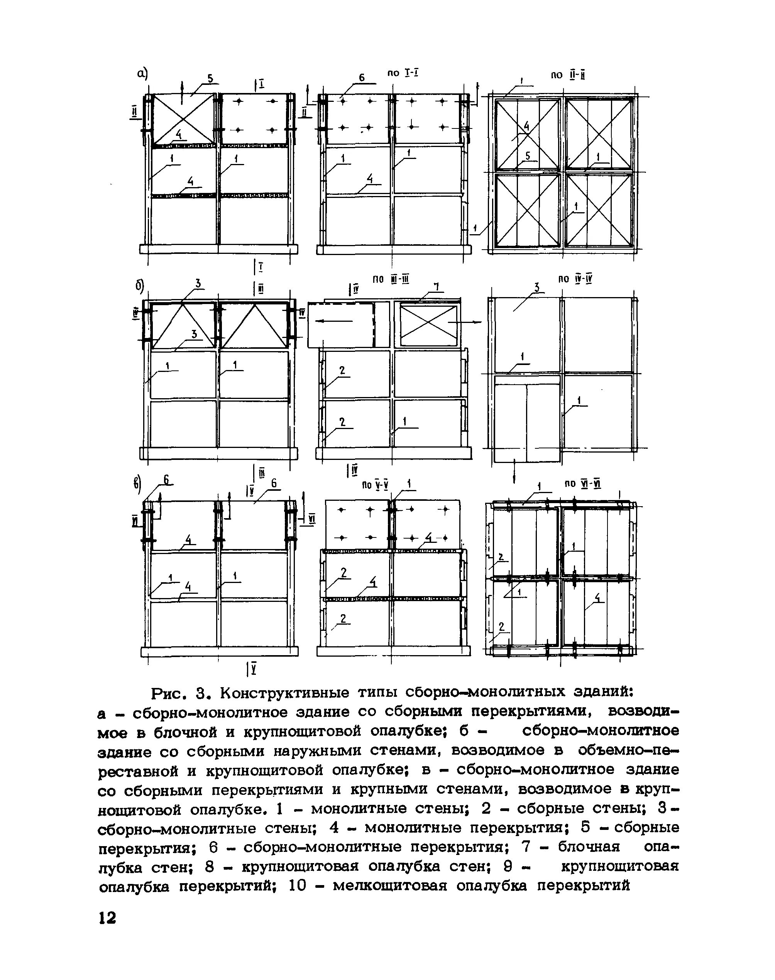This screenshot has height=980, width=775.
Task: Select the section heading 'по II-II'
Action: (x=567, y=75)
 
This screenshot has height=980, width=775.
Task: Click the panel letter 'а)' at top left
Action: (x=142, y=73)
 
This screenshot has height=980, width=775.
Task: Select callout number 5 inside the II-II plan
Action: (x=527, y=155)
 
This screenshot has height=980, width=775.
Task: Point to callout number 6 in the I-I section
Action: (x=362, y=78)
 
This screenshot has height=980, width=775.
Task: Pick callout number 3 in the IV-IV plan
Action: (x=537, y=287)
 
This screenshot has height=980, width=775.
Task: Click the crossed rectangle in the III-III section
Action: (x=428, y=326)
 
